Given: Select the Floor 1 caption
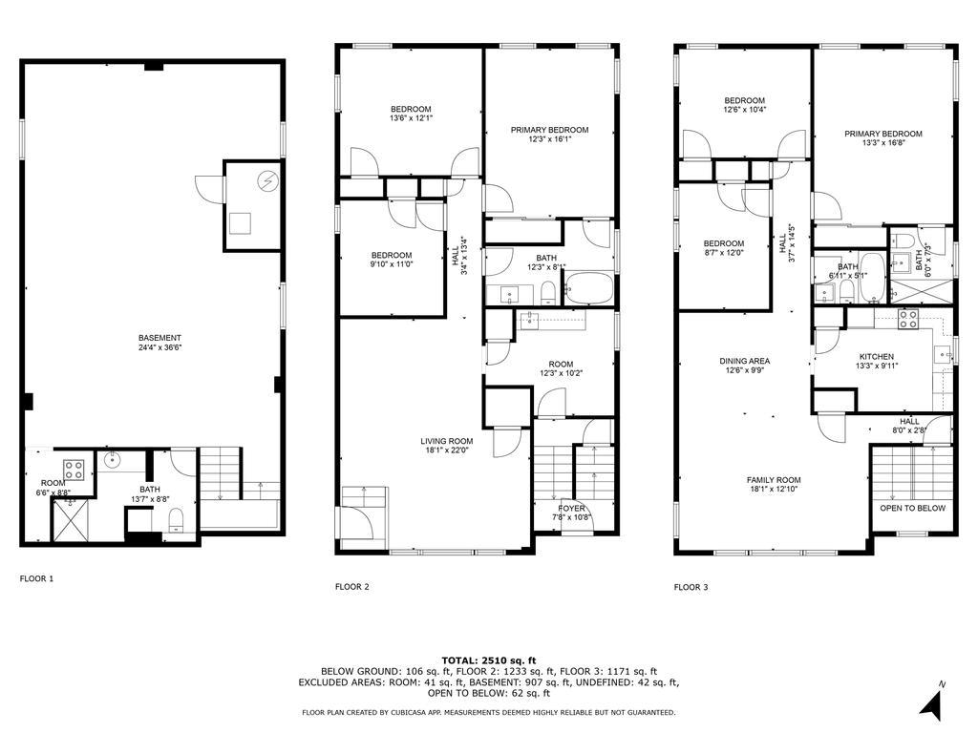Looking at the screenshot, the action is coord(37,578).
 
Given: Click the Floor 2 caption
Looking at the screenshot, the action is coord(352,587).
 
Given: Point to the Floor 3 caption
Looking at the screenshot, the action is coord(691,587).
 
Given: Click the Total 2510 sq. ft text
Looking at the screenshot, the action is coord(489,660).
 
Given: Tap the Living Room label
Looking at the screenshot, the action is coord(447,441).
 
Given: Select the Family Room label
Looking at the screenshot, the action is coord(774,480).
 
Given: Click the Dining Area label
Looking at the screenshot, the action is coord(745,361).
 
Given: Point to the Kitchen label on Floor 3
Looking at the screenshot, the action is coord(877,357).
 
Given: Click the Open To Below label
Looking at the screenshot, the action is coord(912,508).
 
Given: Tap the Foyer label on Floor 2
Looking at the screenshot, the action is coord(572,509).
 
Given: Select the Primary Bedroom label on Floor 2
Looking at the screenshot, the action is coord(549,130).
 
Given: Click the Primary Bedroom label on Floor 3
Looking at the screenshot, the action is coord(883,134).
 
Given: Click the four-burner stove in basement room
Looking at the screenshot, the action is coord(74,470).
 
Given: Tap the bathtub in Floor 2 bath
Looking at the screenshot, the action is coord(588,288).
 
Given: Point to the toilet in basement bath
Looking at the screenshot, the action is coord(176,520).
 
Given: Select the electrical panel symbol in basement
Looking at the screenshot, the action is coord(267,181).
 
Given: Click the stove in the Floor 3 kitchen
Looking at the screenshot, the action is coord(907,319).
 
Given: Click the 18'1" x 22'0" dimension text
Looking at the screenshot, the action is coord(447,450).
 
